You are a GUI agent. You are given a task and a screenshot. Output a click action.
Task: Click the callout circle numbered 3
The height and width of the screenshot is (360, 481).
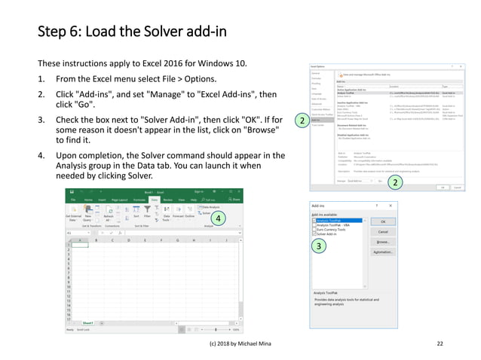coord(320,246)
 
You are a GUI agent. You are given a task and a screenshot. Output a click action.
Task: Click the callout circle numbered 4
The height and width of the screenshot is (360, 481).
coord(216,218)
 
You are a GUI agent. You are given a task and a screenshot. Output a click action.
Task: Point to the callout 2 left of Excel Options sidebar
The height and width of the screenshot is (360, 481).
coord(301,121)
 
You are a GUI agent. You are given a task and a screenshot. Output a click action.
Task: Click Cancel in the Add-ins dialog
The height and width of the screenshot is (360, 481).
coord(383,232)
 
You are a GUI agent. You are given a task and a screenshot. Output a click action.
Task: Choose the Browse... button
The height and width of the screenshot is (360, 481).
coord(383,243)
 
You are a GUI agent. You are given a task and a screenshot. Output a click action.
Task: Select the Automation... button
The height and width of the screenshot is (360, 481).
coord(383,252)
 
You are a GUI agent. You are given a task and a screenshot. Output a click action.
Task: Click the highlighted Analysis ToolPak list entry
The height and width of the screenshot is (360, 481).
coord(336,221)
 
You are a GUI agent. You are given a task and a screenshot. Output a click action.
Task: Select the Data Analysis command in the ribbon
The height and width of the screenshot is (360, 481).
coord(210,206)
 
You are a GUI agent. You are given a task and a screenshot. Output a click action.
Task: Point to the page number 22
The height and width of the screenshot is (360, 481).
coord(440,343)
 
